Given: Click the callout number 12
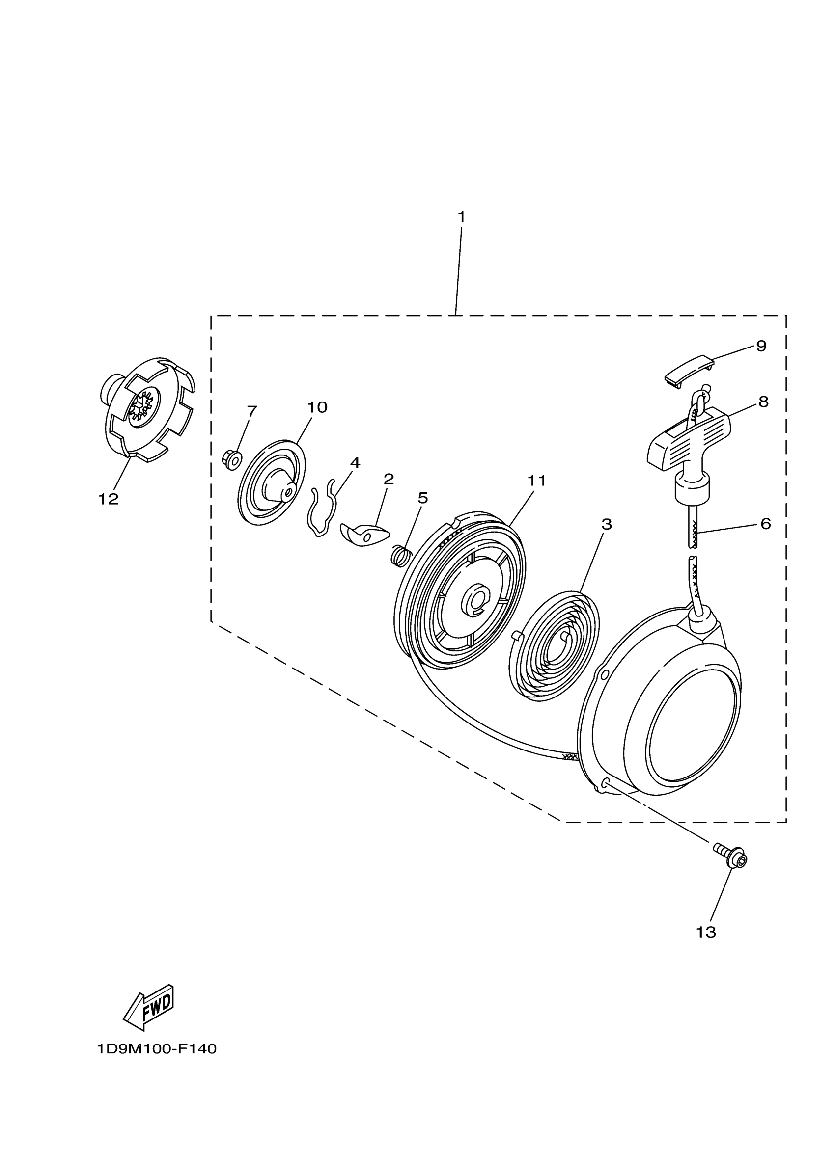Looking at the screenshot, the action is [108, 499].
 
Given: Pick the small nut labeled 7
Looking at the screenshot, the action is [232, 459].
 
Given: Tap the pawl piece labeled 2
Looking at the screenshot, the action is [364, 535].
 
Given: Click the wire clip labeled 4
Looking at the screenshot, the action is [323, 510].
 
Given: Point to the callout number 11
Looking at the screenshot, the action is [536, 480].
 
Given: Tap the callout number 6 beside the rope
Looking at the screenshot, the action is [765, 523].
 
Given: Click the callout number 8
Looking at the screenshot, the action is [763, 402].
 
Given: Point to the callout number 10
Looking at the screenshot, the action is [317, 407].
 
